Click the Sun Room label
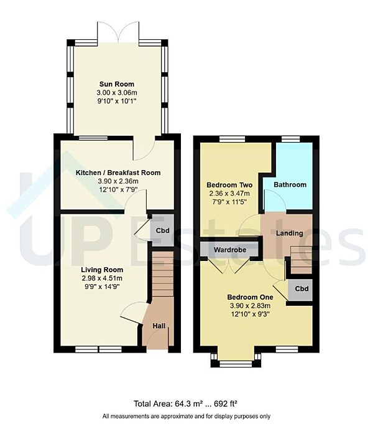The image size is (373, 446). (117, 84)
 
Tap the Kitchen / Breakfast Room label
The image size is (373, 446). (118, 173)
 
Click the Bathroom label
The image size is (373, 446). (291, 185)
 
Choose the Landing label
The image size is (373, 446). (289, 234)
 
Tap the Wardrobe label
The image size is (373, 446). (230, 250)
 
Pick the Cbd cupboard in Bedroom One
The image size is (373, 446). (302, 290)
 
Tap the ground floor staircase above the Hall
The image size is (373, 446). (163, 274)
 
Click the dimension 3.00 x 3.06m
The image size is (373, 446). (117, 93)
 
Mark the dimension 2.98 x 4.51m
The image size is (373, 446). (103, 278)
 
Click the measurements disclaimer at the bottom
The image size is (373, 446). (186, 416)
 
